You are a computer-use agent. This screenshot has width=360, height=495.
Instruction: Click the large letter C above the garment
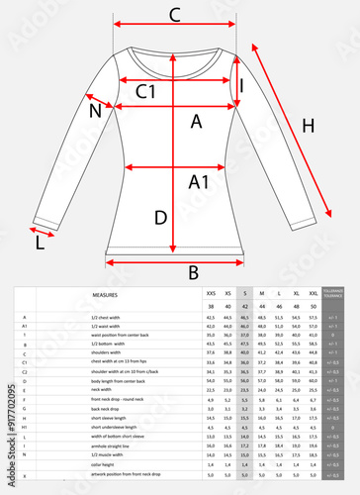pyautogui.click(x=174, y=14)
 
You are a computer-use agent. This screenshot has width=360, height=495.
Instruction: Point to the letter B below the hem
pyautogui.click(x=194, y=271)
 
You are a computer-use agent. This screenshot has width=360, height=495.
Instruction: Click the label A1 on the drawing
pyautogui.click(x=199, y=181)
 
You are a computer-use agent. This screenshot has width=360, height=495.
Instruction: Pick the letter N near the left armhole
pyautogui.click(x=96, y=111)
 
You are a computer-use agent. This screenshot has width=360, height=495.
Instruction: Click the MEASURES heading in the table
pyautogui.click(x=106, y=295)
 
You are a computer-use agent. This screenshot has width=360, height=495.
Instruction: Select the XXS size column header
pyautogui.click(x=210, y=295)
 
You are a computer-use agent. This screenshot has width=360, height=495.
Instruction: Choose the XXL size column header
pyautogui.click(x=314, y=295)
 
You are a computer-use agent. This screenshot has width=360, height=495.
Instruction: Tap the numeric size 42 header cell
pyautogui.click(x=244, y=307)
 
